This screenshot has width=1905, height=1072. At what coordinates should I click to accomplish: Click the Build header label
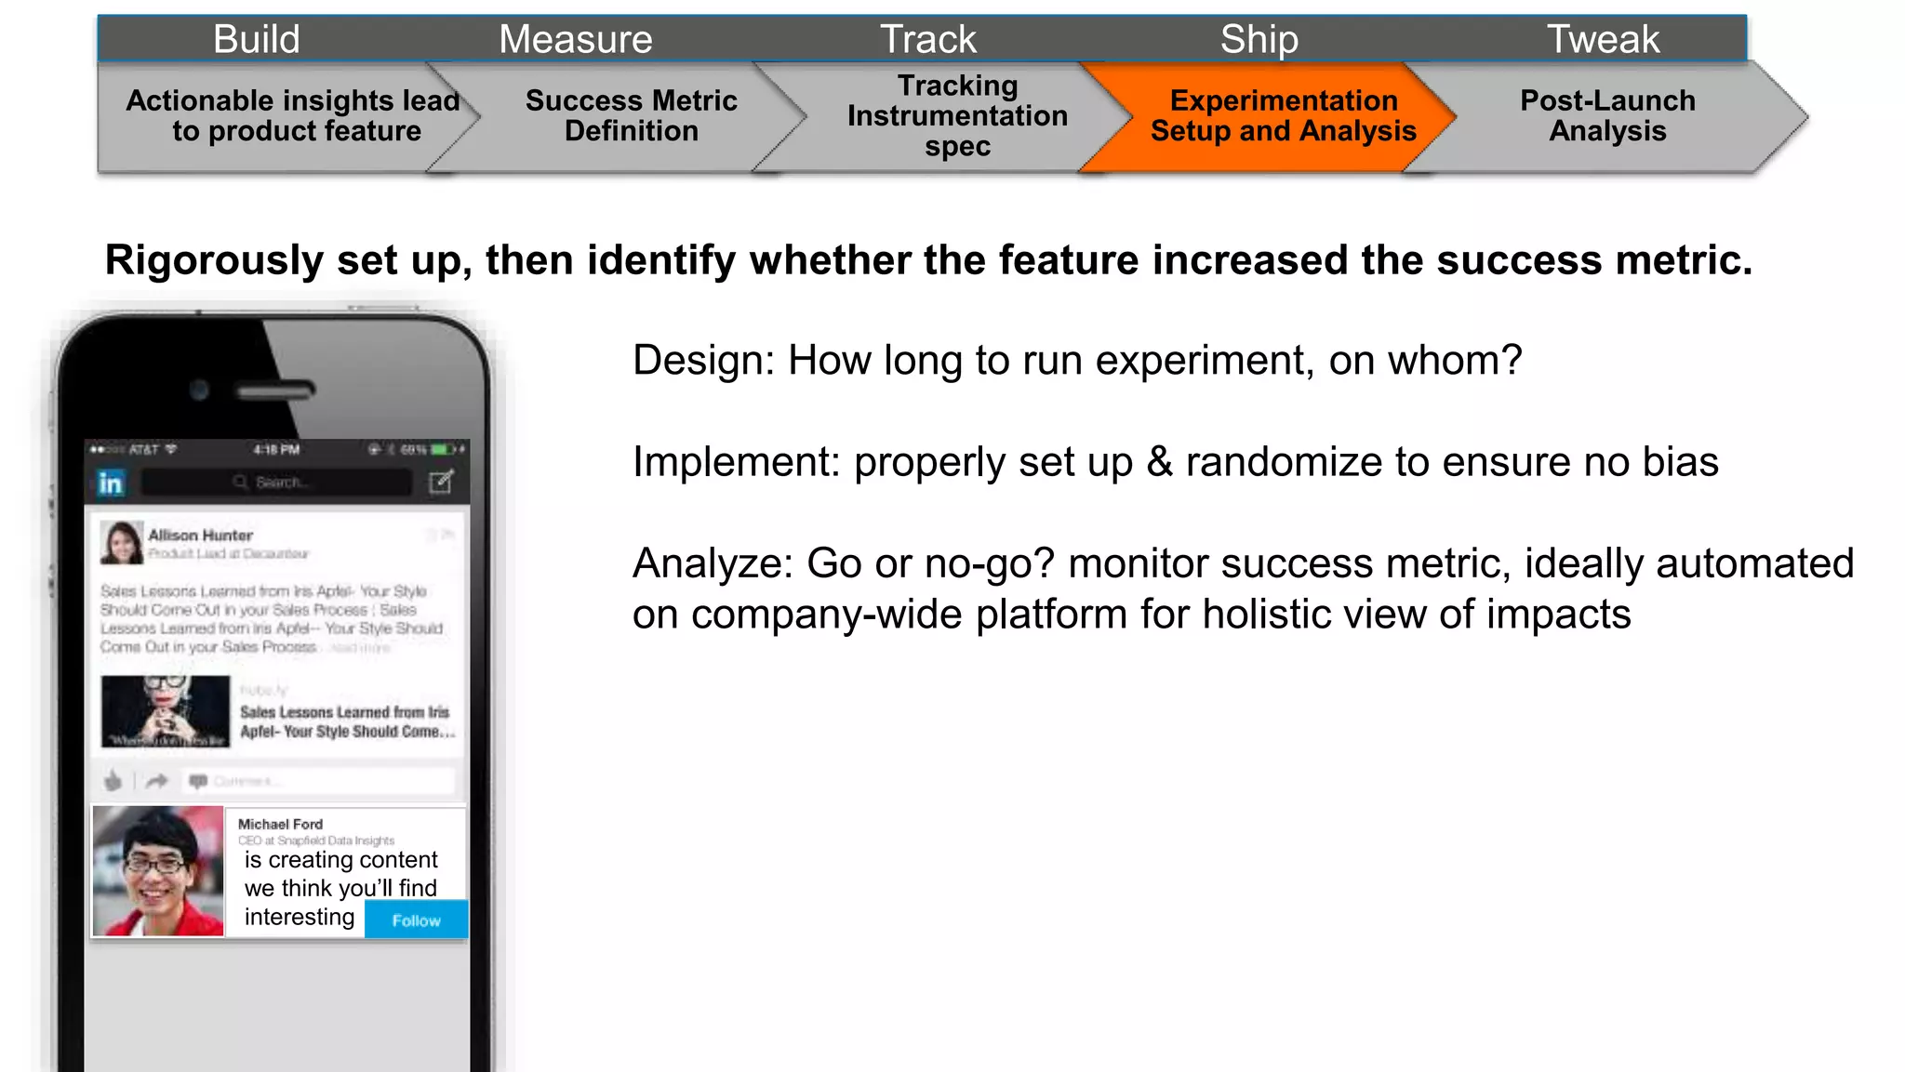(257, 39)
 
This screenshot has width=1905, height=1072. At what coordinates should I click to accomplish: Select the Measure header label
(576, 39)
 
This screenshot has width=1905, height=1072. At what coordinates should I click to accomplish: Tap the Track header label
(928, 39)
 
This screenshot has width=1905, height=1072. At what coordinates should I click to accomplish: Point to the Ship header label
(1259, 39)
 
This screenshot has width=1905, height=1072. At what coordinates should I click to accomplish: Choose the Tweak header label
(1603, 39)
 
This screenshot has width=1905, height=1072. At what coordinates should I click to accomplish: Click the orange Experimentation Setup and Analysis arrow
(1283, 116)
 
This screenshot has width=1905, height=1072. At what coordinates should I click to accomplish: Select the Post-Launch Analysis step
(1607, 116)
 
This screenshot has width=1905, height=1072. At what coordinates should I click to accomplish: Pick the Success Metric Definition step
(631, 116)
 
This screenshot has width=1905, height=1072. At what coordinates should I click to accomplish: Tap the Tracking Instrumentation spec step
(957, 116)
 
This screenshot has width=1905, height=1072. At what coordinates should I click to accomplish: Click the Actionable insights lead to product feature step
(293, 116)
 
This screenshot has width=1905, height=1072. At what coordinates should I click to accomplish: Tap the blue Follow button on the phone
(416, 920)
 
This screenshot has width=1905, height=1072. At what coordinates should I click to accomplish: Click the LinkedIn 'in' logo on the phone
(111, 483)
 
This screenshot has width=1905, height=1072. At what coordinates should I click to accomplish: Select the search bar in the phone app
(276, 483)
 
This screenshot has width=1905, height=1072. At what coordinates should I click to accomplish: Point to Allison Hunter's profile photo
(122, 542)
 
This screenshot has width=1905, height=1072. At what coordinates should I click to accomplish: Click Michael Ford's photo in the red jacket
(158, 871)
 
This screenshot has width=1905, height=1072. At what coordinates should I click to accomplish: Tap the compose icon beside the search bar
(441, 482)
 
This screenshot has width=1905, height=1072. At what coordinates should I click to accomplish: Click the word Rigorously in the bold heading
(213, 260)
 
